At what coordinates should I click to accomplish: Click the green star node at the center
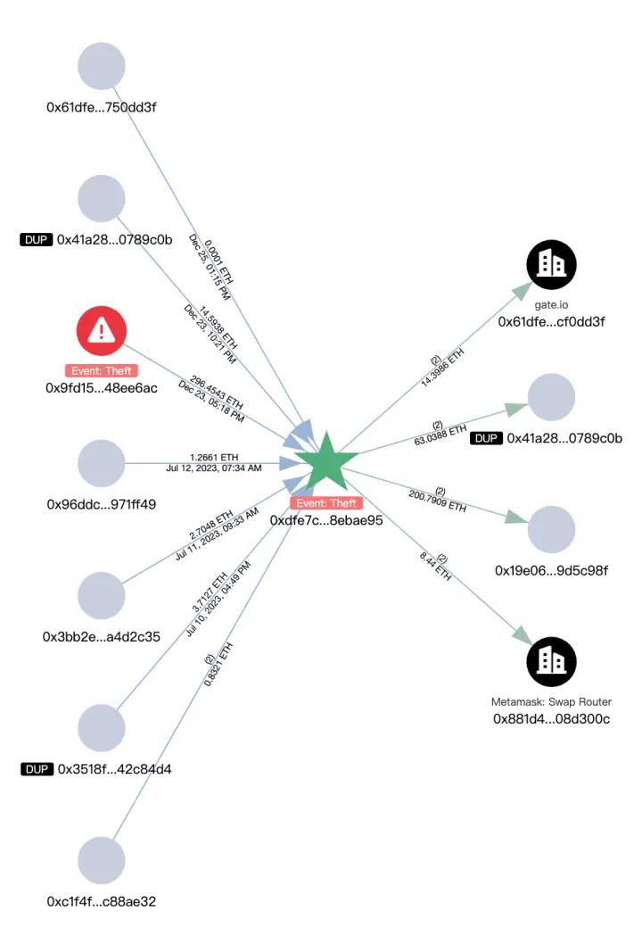pos(325,460)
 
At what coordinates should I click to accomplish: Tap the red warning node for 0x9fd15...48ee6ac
pos(102,331)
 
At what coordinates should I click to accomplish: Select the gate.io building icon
pos(552,264)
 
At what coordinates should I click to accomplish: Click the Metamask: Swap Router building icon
pos(552,661)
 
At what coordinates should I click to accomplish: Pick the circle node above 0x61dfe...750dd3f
pos(102,65)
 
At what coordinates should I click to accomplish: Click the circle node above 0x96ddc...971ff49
pos(102,463)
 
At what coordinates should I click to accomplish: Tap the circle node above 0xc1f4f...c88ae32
pos(102,861)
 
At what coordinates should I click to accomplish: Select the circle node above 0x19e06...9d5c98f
pos(552,530)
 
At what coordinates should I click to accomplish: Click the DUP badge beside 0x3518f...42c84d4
pos(36,768)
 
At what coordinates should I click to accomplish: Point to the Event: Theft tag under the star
pos(325,503)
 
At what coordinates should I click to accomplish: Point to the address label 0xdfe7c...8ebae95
pos(325,520)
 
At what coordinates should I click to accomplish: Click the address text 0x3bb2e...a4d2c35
pos(102,636)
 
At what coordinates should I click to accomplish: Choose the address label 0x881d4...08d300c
pos(552,718)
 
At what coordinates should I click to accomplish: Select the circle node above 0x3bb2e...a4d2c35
pos(102,595)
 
